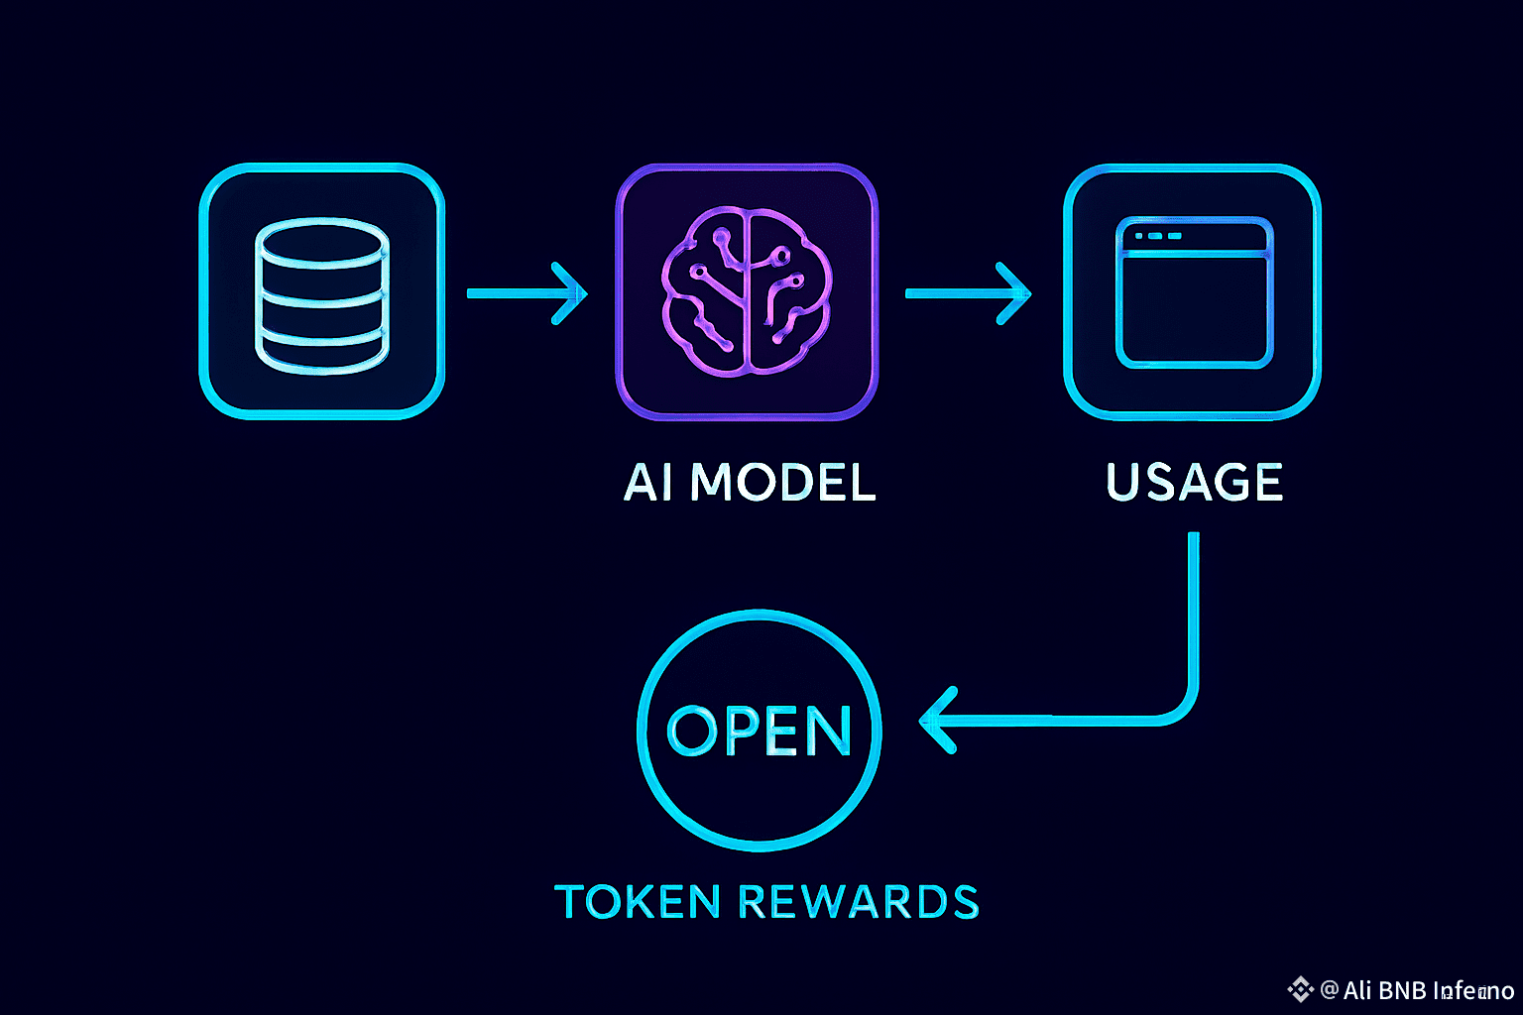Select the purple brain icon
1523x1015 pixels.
(747, 292)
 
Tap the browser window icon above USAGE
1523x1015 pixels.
(1194, 292)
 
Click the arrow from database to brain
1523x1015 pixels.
(526, 293)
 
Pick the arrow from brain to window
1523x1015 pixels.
(967, 293)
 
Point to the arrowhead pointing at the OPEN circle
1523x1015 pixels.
(934, 721)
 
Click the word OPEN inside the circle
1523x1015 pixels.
(760, 732)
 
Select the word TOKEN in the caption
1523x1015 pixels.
(637, 902)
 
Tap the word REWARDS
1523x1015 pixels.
(859, 902)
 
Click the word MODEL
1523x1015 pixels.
(782, 483)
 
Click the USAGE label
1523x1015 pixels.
(1194, 483)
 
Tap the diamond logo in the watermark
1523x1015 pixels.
(1300, 989)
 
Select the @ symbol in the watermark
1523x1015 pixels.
(1330, 989)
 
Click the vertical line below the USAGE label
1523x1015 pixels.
(1194, 605)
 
